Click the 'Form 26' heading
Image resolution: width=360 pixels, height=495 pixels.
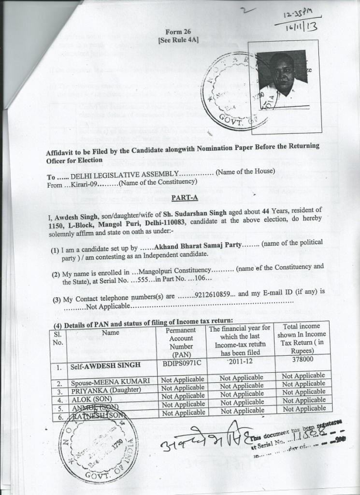click(178, 32)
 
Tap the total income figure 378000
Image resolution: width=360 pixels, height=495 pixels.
click(302, 359)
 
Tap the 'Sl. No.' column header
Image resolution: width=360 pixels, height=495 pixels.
click(58, 338)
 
